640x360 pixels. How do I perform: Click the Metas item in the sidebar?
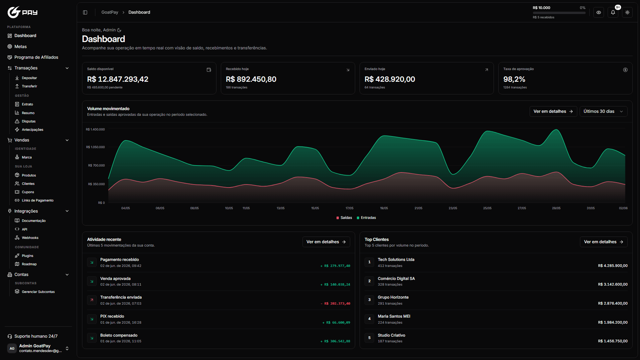click(20, 47)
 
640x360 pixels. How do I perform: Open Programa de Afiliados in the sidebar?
click(36, 57)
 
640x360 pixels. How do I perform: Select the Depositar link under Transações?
click(29, 78)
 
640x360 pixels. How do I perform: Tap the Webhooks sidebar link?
click(30, 238)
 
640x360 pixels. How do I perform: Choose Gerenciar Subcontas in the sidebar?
click(38, 292)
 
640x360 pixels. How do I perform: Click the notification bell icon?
click(613, 12)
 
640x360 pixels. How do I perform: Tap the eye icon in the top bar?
click(599, 12)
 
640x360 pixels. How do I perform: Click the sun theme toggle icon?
click(627, 12)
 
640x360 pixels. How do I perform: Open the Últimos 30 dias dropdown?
click(603, 111)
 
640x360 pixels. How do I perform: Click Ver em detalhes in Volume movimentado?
click(553, 111)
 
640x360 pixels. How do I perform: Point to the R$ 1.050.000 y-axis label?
click(95, 147)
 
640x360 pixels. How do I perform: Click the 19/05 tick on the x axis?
click(384, 208)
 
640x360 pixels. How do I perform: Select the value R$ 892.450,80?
click(251, 79)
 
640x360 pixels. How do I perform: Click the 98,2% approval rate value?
click(514, 79)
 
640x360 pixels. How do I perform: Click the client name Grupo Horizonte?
click(393, 297)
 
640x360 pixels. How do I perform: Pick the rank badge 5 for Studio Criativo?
click(369, 338)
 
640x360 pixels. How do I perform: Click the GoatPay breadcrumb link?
click(110, 12)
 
